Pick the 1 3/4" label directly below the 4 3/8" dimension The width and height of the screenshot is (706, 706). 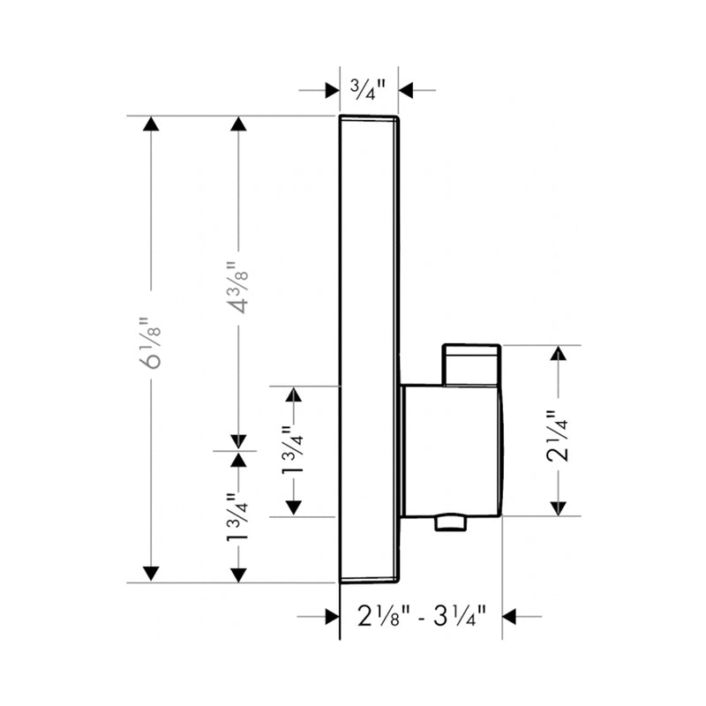(x=237, y=521)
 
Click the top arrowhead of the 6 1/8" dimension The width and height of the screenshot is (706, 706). (x=152, y=124)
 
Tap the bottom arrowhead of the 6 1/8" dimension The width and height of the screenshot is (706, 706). (x=152, y=574)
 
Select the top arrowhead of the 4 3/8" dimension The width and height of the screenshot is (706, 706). (x=237, y=124)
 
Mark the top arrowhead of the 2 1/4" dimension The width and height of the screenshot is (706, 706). (x=558, y=354)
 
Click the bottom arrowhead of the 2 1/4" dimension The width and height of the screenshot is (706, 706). (x=558, y=507)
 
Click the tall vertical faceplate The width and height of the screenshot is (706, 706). (x=369, y=265)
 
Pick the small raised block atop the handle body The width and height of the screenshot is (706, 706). (x=472, y=364)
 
